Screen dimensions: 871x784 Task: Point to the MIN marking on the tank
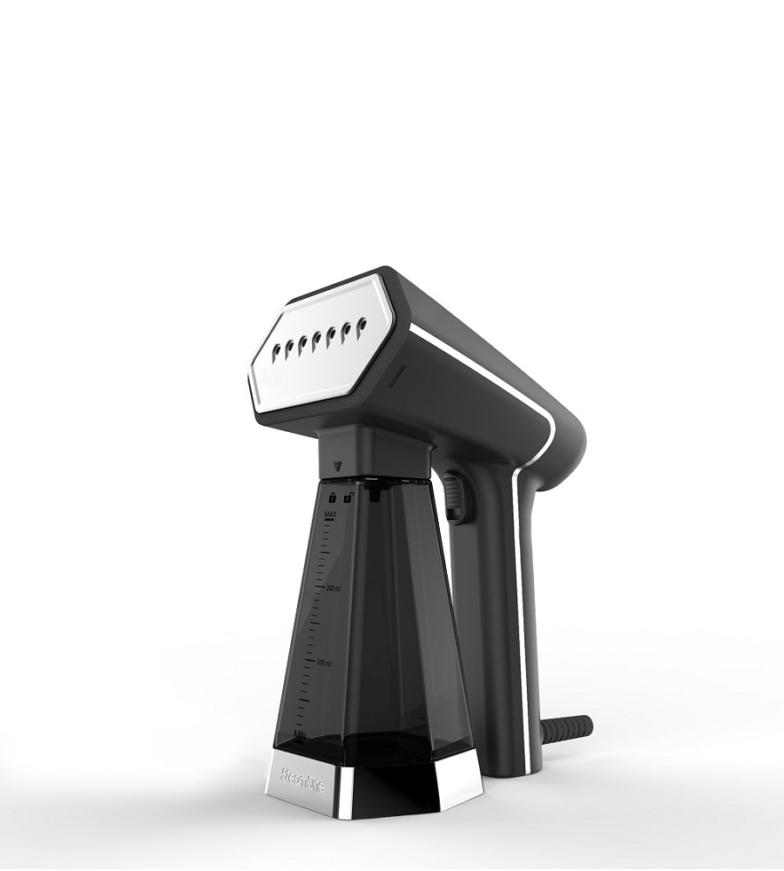pyautogui.click(x=301, y=734)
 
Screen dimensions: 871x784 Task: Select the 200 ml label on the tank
pyautogui.click(x=333, y=589)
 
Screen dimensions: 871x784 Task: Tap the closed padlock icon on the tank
pyautogui.click(x=331, y=497)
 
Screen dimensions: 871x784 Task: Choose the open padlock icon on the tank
pyautogui.click(x=348, y=497)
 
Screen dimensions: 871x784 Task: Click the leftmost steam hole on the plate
pyautogui.click(x=278, y=350)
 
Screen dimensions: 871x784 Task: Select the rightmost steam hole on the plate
pyautogui.click(x=362, y=325)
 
